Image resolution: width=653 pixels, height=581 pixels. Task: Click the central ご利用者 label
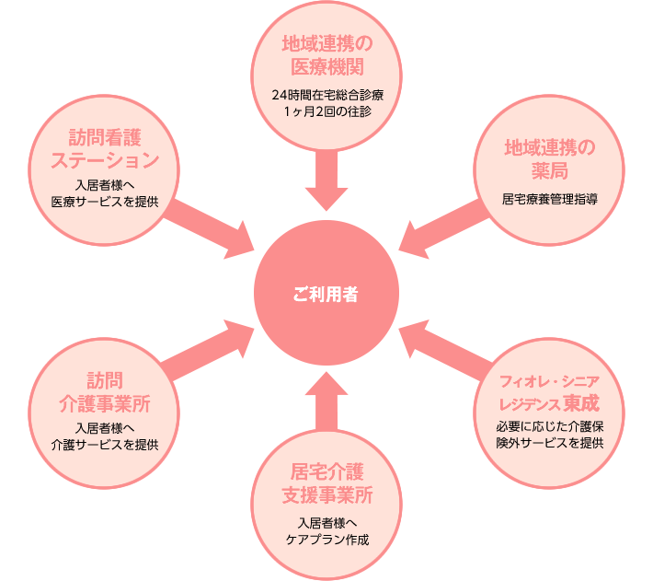(326, 295)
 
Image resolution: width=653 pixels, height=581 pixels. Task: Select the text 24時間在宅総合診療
(326, 95)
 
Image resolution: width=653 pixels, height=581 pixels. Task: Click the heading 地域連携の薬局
(549, 159)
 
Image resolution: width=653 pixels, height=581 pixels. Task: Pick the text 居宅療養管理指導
(549, 197)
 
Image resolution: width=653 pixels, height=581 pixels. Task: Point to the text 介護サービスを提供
(105, 444)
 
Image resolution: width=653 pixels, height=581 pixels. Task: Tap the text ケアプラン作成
(326, 538)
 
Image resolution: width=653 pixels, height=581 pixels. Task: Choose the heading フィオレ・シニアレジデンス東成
(549, 392)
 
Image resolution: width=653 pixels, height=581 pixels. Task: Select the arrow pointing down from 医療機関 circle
(326, 180)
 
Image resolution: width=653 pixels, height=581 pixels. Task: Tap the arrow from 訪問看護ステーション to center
(212, 222)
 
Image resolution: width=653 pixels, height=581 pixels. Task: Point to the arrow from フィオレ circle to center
(446, 347)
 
